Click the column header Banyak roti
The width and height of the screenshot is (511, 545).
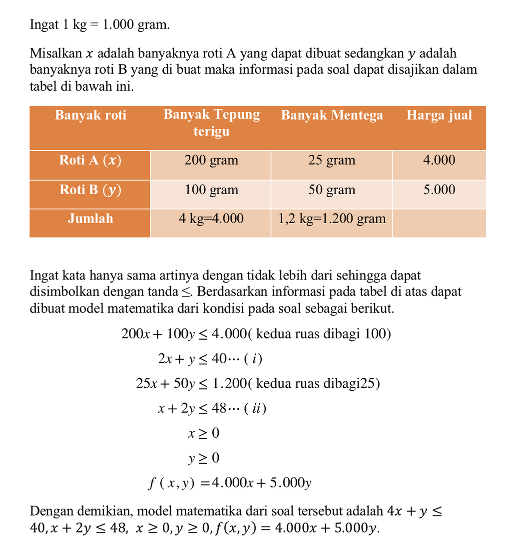90,115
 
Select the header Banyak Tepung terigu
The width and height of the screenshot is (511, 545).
211,123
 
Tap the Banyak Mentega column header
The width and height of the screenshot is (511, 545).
332,115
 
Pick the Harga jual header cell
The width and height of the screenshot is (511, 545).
439,115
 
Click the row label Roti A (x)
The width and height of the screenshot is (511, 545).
90,160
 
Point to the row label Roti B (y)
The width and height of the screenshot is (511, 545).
90,190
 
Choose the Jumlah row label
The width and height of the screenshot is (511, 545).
90,219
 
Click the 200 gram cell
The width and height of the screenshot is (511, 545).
211,160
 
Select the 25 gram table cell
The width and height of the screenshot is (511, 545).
332,160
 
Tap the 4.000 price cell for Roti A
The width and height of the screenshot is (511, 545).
439,160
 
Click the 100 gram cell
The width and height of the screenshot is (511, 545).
211,190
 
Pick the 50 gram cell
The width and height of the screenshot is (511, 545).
332,190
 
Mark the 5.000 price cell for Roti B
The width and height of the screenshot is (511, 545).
439,190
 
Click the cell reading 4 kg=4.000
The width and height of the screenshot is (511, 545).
211,219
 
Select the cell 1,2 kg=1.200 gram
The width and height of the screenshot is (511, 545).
332,219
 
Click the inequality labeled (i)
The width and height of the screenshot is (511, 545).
210,359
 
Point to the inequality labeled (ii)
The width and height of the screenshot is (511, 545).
212,409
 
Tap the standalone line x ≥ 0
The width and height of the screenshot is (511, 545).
203,433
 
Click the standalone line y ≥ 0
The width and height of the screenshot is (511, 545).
203,458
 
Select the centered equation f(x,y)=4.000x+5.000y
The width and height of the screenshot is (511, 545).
230,483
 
